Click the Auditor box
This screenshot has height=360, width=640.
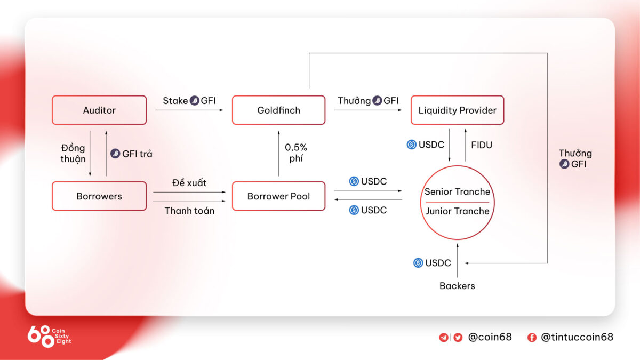(99, 110)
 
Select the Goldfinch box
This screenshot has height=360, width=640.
(278, 110)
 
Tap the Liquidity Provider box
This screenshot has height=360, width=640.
(457, 110)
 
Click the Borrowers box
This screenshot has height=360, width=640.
(99, 196)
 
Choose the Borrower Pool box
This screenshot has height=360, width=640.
(278, 196)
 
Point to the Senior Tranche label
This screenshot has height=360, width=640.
(457, 192)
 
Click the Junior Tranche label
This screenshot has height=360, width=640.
(457, 211)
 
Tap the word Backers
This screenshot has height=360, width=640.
(457, 286)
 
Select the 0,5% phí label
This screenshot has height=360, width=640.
(296, 153)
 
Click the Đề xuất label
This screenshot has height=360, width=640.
(189, 183)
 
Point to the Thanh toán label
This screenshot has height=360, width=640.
(189, 211)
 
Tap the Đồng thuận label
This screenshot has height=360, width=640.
(73, 154)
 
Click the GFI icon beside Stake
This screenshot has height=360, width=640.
(195, 101)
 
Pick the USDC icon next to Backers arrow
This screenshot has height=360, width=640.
(419, 263)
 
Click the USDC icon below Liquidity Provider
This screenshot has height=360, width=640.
(411, 145)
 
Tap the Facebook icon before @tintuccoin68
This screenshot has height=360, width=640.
(532, 337)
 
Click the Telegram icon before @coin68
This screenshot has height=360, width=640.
(444, 337)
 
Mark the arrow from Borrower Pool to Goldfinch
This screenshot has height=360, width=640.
(278, 152)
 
